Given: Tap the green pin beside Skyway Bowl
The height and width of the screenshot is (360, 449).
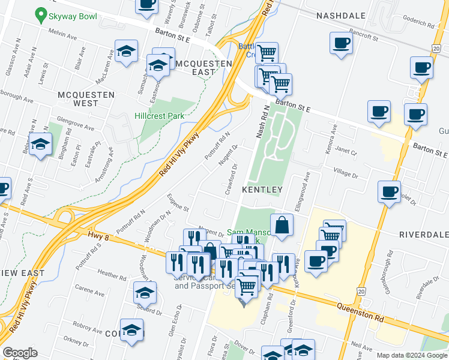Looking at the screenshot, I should coord(41,13).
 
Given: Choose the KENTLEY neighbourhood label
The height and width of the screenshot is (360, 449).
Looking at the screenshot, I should coord(262,190).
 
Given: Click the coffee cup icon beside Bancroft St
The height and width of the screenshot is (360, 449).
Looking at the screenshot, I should coord(341,44).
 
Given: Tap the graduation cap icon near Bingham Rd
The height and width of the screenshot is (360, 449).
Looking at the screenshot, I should coord(40,145).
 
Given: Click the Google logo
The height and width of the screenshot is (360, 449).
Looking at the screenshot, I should coord(20,353).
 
